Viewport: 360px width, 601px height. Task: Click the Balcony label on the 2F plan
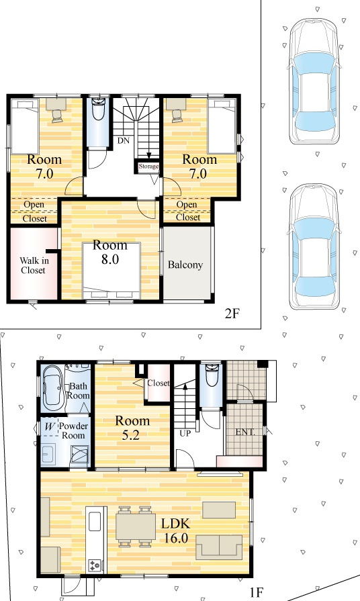point(185,265)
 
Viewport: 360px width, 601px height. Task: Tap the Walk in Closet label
point(34,265)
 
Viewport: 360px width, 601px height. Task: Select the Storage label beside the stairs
point(148,167)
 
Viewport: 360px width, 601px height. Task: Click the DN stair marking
point(124,140)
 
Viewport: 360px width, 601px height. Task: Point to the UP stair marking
point(185,434)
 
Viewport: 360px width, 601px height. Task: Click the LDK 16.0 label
point(176,530)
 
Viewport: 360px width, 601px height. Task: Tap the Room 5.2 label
point(132,428)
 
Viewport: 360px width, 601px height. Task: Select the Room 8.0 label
point(110,252)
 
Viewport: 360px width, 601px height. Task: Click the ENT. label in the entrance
point(245,432)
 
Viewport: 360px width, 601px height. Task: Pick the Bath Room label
point(78,391)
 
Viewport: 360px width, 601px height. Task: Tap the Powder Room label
point(73,431)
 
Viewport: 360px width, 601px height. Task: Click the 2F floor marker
point(232,314)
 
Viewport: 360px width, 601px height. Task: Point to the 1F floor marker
point(256,592)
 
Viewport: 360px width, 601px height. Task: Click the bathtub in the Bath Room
point(53,387)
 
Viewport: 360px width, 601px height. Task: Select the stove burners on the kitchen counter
point(95,565)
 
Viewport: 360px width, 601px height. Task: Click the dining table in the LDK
point(135,526)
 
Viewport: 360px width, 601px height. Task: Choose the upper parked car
point(314,81)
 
